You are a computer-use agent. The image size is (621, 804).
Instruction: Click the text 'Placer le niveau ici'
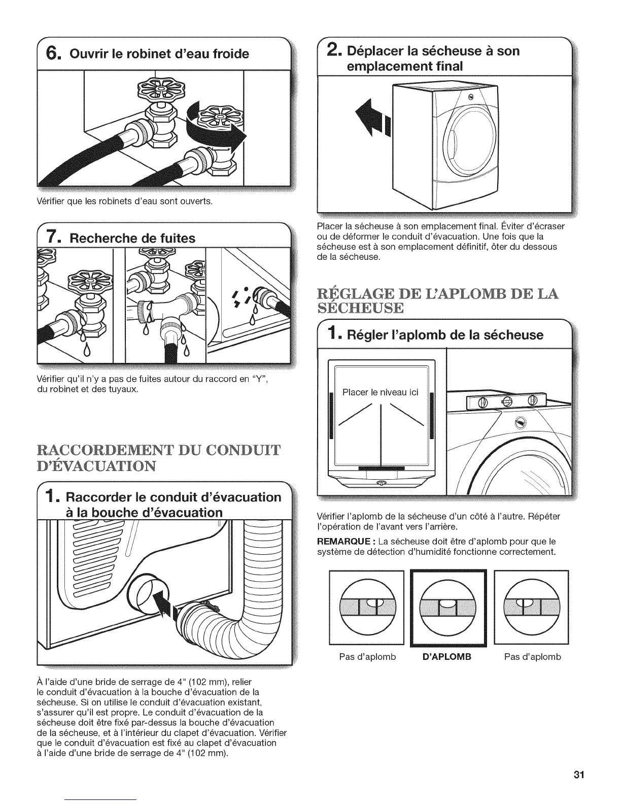[381, 392]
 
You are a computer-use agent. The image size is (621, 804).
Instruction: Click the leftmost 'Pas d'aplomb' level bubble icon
[366, 606]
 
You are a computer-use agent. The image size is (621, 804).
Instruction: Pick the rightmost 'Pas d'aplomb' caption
[533, 657]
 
